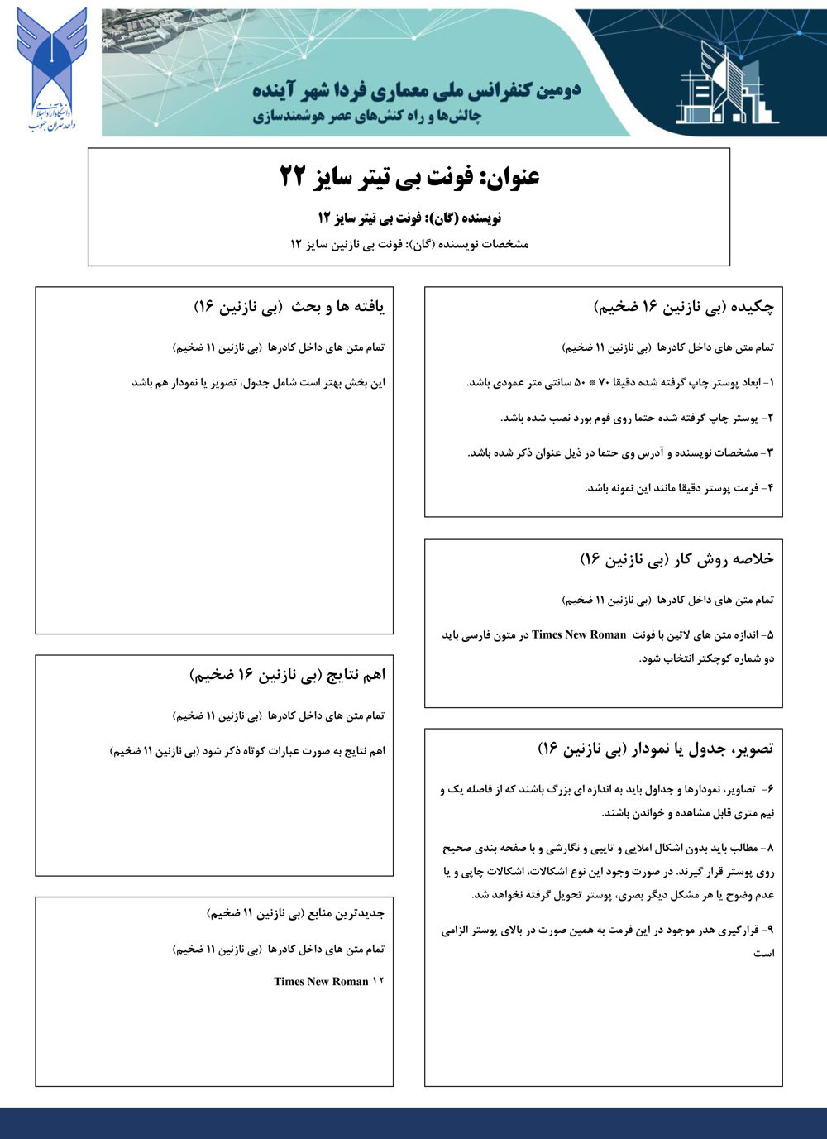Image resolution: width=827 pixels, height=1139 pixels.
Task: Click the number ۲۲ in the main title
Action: click(294, 176)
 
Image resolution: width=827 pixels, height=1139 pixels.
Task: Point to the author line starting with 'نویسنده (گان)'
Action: click(409, 218)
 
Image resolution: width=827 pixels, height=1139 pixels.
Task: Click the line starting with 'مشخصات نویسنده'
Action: click(409, 244)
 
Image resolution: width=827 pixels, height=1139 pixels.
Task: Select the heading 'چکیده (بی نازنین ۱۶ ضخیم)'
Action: click(684, 307)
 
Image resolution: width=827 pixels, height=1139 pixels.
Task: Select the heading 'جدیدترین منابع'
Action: click(295, 913)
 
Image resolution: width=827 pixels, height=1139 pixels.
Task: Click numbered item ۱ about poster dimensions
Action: click(621, 383)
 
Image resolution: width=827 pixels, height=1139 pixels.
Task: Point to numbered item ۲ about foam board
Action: click(638, 418)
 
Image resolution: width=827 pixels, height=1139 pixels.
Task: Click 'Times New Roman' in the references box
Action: click(321, 982)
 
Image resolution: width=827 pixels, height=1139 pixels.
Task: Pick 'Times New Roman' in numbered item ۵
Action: click(579, 635)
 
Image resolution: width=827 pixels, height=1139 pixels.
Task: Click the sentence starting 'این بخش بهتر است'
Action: click(258, 383)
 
